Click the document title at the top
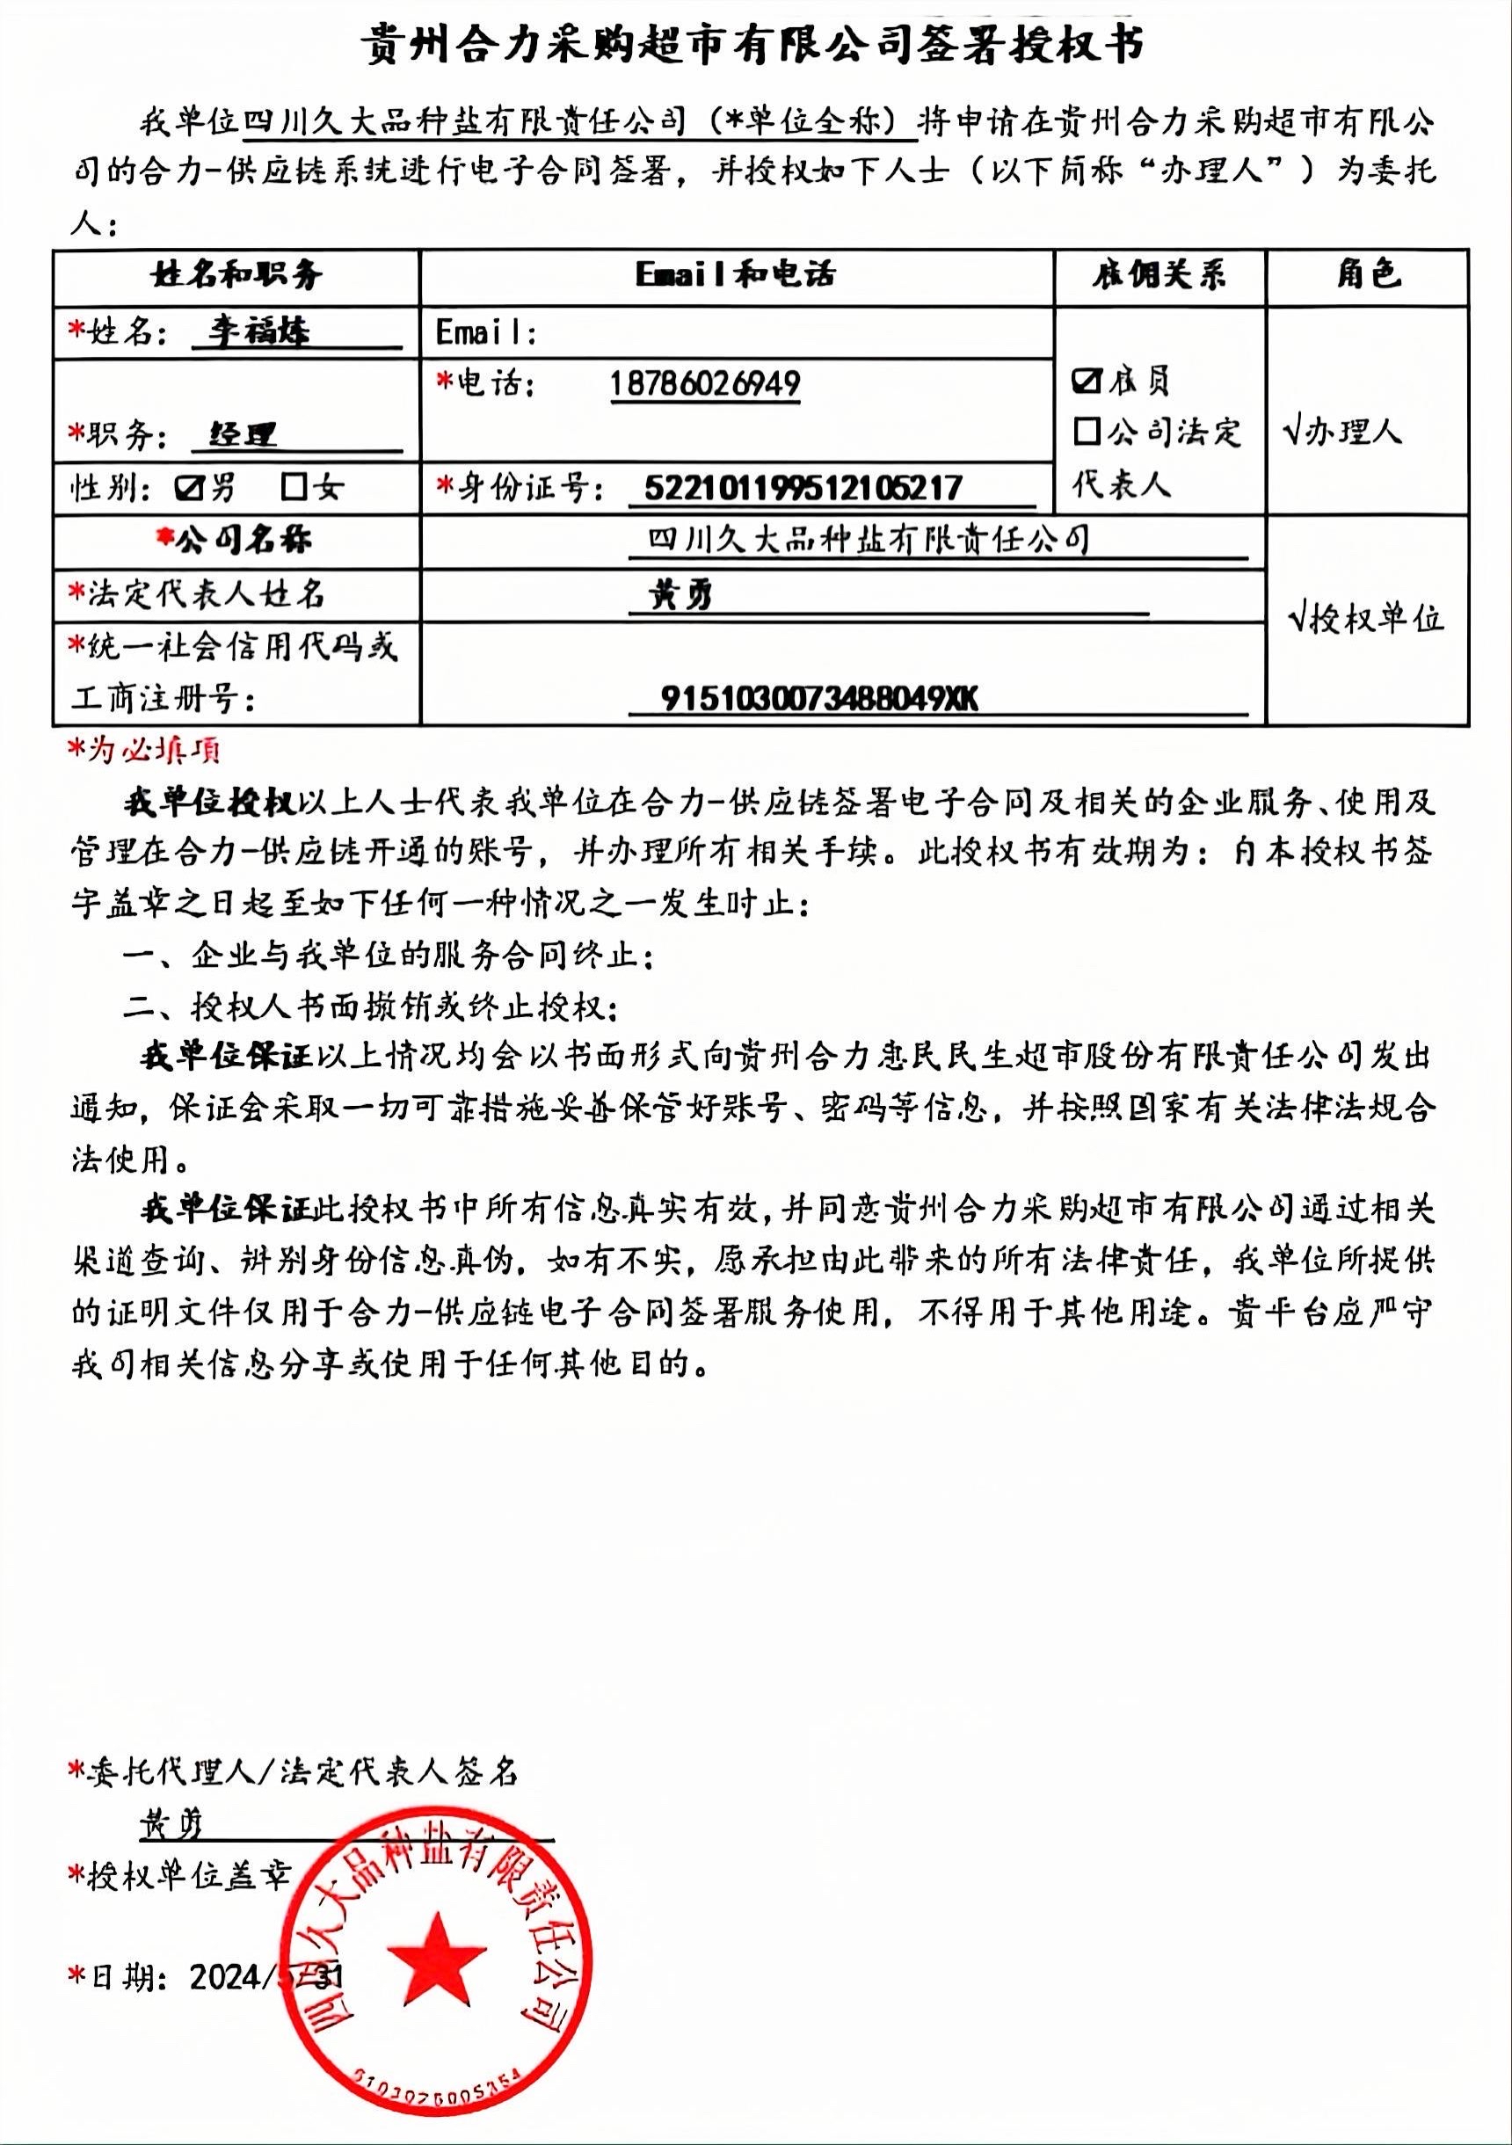(753, 44)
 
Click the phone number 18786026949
(706, 384)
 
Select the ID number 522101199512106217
(803, 488)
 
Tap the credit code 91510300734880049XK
(819, 698)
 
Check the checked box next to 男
(191, 487)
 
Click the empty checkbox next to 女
(295, 487)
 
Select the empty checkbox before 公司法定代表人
(1087, 432)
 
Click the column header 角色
(1367, 274)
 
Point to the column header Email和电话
(737, 274)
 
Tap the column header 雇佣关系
(1159, 274)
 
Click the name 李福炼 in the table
(258, 331)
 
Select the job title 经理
(242, 434)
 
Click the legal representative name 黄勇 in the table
(681, 595)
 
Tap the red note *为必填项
(146, 749)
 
